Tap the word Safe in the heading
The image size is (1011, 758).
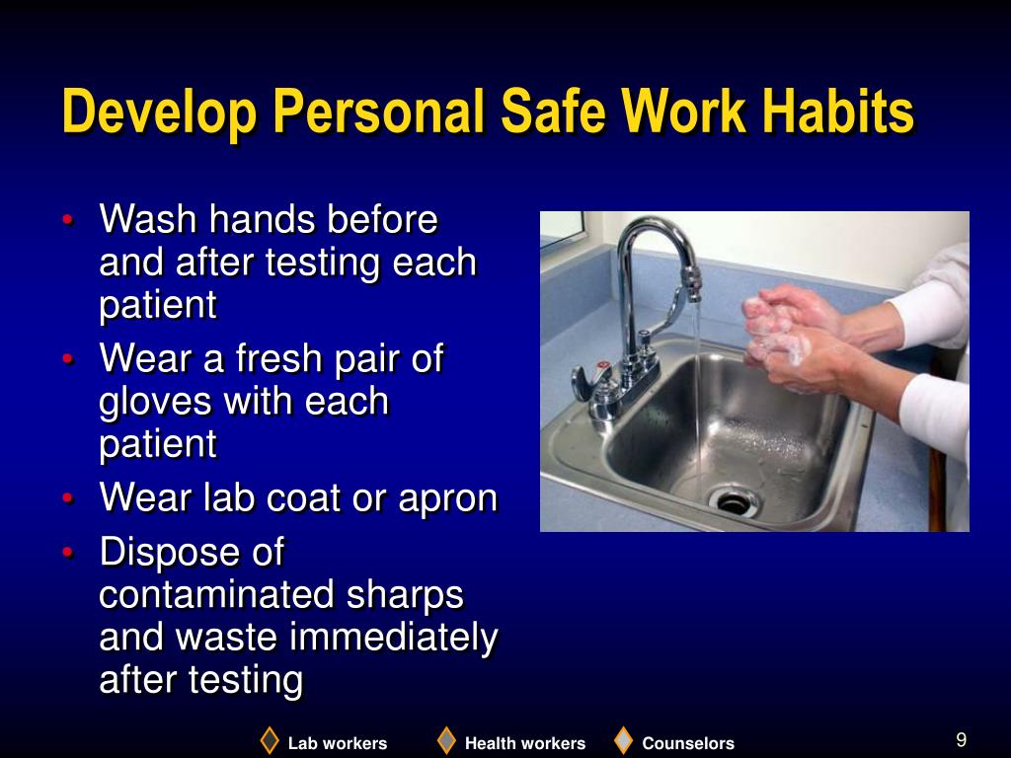coord(553,112)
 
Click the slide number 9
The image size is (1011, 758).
coord(961,740)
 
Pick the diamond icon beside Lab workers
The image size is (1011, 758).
coord(270,740)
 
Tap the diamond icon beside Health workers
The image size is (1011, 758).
coord(447,740)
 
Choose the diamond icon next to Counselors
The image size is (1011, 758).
coord(623,740)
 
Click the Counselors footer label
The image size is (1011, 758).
coord(688,744)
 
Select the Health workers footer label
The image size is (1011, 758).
coord(524,744)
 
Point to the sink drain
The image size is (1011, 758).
coord(734,501)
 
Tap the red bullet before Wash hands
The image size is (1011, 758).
coord(66,220)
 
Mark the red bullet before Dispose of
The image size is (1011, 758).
coord(66,554)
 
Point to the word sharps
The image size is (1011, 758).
coord(405,595)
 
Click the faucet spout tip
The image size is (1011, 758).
coord(694,293)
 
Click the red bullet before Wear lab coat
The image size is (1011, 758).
coord(66,498)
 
